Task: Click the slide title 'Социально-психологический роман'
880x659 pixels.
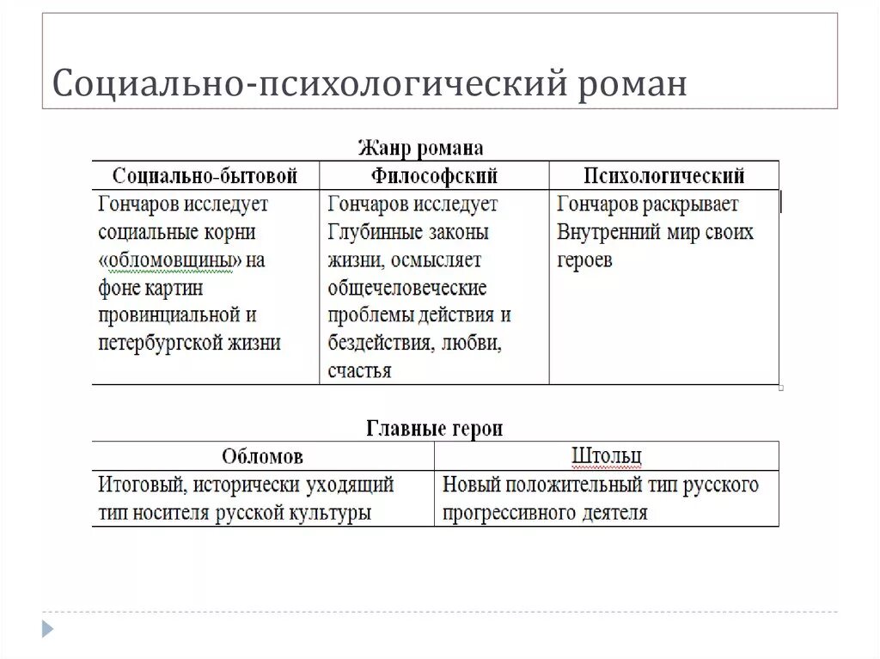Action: (x=370, y=84)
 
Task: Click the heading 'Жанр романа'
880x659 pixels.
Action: (x=420, y=148)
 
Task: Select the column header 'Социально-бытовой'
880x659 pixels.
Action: (x=205, y=176)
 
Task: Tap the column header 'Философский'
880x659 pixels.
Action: (x=435, y=176)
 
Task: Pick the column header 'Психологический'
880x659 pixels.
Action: (x=664, y=176)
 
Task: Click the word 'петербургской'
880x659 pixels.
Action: (x=156, y=343)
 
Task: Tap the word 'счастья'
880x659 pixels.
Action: (x=359, y=371)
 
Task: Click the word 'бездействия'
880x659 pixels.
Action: (x=380, y=343)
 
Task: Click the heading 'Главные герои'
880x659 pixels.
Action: (x=435, y=428)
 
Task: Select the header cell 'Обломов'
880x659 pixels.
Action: (x=262, y=456)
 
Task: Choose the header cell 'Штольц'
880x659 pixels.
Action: (x=607, y=456)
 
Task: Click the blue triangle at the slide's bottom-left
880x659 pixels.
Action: (x=47, y=628)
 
